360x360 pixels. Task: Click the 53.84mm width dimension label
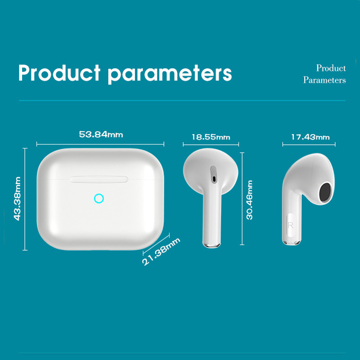click(101, 134)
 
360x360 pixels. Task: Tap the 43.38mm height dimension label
click(18, 198)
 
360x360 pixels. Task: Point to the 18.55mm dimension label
click(211, 137)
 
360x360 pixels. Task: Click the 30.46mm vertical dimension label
click(250, 200)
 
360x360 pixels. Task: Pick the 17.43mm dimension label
click(310, 137)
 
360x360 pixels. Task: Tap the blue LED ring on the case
click(99, 198)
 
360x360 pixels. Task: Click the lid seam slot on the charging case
click(99, 179)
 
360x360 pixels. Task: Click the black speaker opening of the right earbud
click(324, 192)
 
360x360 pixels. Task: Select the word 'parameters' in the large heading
click(170, 73)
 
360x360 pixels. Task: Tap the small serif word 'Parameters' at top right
click(324, 80)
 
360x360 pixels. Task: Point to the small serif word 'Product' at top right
click(331, 68)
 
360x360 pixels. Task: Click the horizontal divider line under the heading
click(180, 100)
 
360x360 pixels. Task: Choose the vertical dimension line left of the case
click(25, 198)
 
